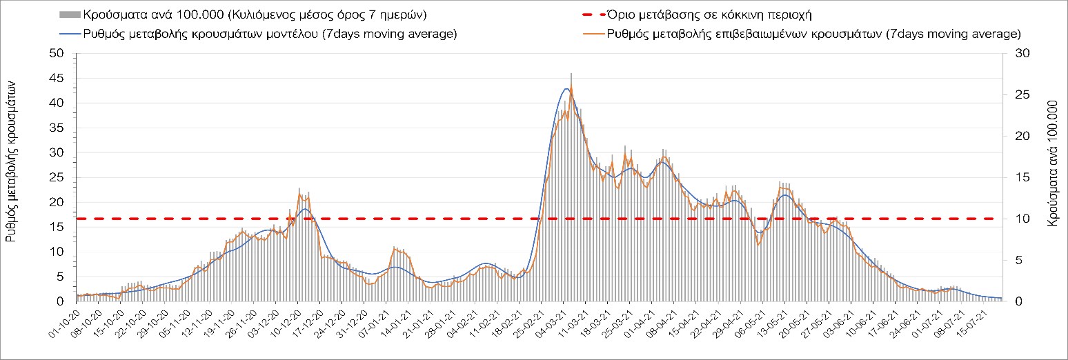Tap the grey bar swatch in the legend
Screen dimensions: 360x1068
click(x=70, y=14)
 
